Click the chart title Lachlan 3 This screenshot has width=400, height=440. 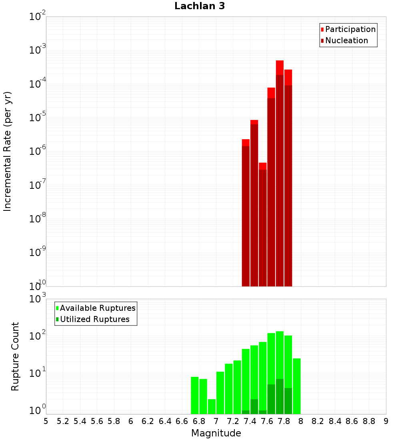click(200, 6)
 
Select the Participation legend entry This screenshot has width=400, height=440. click(348, 29)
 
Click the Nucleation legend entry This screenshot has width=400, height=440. click(344, 40)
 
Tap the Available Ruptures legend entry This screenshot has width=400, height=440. click(96, 308)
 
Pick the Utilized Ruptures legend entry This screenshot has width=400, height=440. click(93, 319)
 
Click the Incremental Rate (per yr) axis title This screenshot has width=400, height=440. click(7, 152)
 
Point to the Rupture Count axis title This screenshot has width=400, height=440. click(15, 356)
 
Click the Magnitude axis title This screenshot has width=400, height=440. click(216, 433)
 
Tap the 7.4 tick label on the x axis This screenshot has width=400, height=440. click(250, 421)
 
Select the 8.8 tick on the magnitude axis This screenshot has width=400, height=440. click(369, 421)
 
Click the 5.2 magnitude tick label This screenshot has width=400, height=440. click(63, 421)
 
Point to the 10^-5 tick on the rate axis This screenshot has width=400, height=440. click(37, 117)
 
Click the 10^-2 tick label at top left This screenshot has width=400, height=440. click(37, 16)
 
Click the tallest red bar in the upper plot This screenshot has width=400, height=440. click(280, 173)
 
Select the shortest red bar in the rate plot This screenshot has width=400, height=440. click(263, 224)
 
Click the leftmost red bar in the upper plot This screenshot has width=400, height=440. click(246, 213)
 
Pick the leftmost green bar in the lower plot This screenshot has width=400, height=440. click(195, 395)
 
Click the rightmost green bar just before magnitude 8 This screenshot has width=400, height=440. click(297, 386)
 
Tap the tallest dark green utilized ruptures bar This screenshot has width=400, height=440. click(280, 396)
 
